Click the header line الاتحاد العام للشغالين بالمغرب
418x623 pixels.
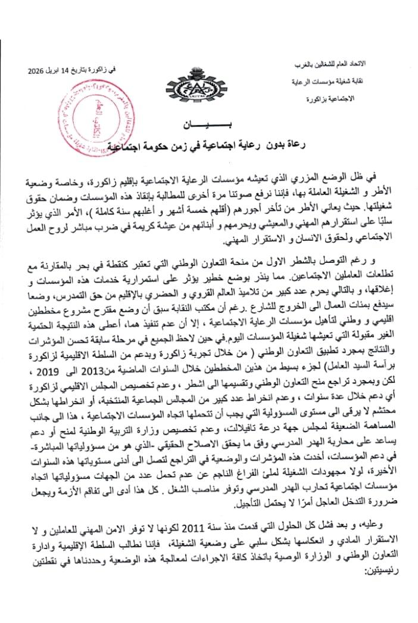tap(351, 63)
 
